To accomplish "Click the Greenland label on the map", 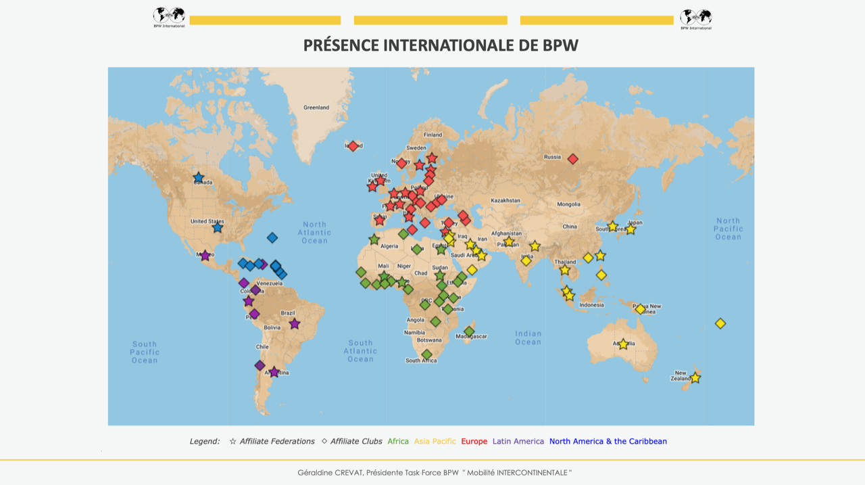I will pyautogui.click(x=316, y=108).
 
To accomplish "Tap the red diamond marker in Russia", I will pyautogui.click(x=573, y=159).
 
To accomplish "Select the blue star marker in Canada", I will pyautogui.click(x=199, y=178).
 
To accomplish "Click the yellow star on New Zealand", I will pyautogui.click(x=695, y=378).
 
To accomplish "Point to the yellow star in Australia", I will pyautogui.click(x=623, y=344).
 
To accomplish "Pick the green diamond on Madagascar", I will pyautogui.click(x=469, y=331).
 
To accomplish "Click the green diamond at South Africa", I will pyautogui.click(x=426, y=354).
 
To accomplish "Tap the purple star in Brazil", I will pyautogui.click(x=295, y=324).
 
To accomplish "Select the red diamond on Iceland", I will pyautogui.click(x=353, y=146).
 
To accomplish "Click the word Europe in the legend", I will pyautogui.click(x=474, y=442).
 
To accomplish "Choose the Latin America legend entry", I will pyautogui.click(x=518, y=442).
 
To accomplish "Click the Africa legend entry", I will pyautogui.click(x=398, y=442).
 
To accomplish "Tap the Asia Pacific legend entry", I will pyautogui.click(x=435, y=442).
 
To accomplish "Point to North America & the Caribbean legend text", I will pyautogui.click(x=608, y=442).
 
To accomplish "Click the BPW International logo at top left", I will pyautogui.click(x=169, y=17).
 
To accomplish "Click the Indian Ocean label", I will pyautogui.click(x=528, y=338).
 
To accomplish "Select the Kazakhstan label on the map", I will pyautogui.click(x=505, y=201).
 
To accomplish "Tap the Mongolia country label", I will pyautogui.click(x=568, y=204).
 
